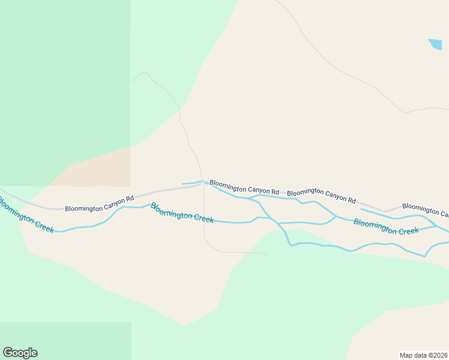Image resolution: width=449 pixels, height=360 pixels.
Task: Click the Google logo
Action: [20, 353]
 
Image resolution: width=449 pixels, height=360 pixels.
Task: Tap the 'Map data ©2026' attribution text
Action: [423, 355]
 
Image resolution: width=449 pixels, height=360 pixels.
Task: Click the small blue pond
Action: [435, 44]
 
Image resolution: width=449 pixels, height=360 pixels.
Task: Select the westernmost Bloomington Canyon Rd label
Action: [99, 204]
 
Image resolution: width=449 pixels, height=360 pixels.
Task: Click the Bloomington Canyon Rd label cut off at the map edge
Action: [425, 210]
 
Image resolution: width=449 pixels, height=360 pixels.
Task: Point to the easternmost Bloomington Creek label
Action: [385, 226]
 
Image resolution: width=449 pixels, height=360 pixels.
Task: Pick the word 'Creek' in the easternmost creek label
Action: [408, 230]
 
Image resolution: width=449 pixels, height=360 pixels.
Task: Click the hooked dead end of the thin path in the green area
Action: [134, 81]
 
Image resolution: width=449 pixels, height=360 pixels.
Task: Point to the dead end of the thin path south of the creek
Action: [268, 255]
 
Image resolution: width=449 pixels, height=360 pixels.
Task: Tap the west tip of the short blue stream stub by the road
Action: [182, 184]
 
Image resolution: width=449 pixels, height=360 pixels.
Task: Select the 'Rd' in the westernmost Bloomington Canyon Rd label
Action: [129, 198]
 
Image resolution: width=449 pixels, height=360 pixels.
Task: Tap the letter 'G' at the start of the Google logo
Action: [8, 352]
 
